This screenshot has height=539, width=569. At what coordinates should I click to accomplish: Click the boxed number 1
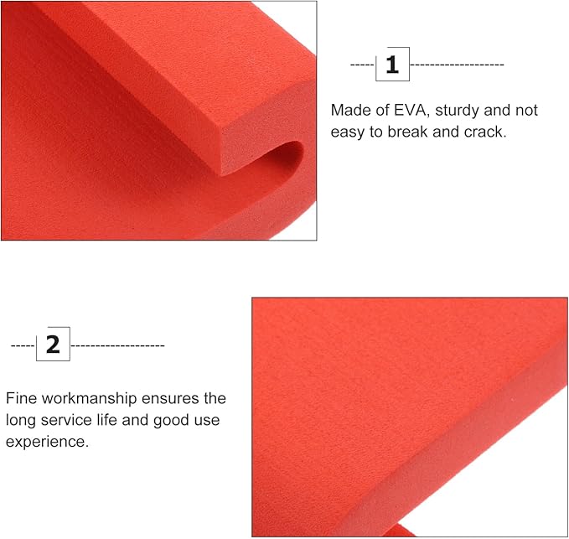[x=392, y=65]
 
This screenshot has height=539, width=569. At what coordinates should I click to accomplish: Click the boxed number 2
[x=53, y=344]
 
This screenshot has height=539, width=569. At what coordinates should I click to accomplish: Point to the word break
[x=408, y=132]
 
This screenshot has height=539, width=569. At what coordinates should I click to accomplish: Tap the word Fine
[x=22, y=398]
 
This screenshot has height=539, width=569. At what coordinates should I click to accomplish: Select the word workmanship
[x=90, y=398]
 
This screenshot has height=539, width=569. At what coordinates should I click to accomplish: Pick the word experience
[x=47, y=442]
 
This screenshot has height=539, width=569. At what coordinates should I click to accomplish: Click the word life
[x=106, y=420]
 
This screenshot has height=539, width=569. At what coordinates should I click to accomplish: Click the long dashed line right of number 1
[x=457, y=65]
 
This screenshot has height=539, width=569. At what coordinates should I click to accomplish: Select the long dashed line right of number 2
[x=117, y=345]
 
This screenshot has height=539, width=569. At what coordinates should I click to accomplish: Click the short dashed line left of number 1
[x=362, y=65]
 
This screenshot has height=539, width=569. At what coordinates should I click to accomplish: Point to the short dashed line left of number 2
[x=23, y=345]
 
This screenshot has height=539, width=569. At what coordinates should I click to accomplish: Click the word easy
[x=348, y=132]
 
